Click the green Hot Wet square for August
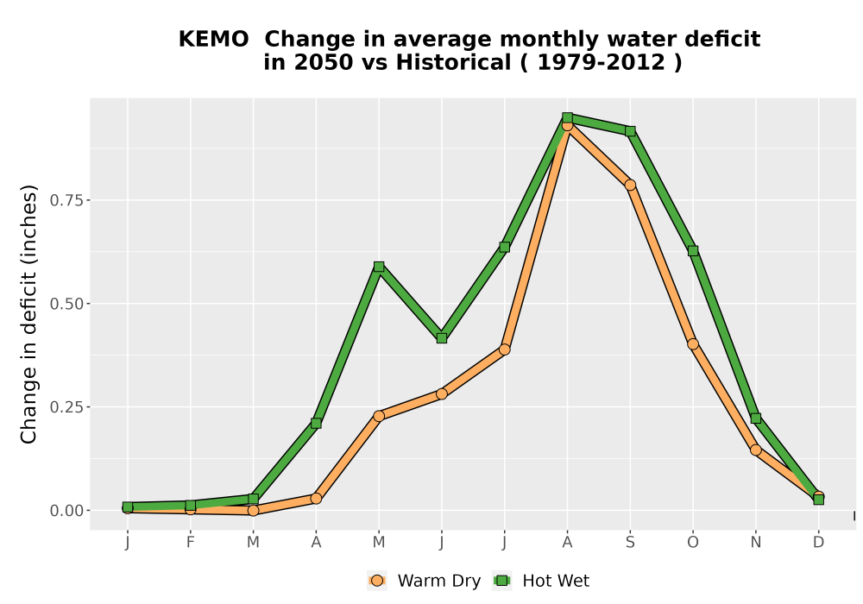[x=568, y=117]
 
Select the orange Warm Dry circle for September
[x=630, y=185]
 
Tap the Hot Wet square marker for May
[x=379, y=267]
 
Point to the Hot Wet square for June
[x=441, y=337]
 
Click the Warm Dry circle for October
[x=693, y=344]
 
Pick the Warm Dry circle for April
[x=316, y=499]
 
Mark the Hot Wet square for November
[x=756, y=418]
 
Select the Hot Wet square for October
[x=693, y=251]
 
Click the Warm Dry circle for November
[x=756, y=450]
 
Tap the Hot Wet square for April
[x=316, y=423]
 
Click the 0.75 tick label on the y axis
[x=66, y=200]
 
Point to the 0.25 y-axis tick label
[x=66, y=407]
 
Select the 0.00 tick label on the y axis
[x=66, y=511]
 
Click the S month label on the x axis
[x=630, y=543]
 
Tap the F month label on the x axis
[x=191, y=543]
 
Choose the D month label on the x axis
[x=818, y=543]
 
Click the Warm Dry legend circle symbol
[x=377, y=581]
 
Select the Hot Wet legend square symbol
[x=502, y=581]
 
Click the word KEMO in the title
[x=213, y=40]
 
